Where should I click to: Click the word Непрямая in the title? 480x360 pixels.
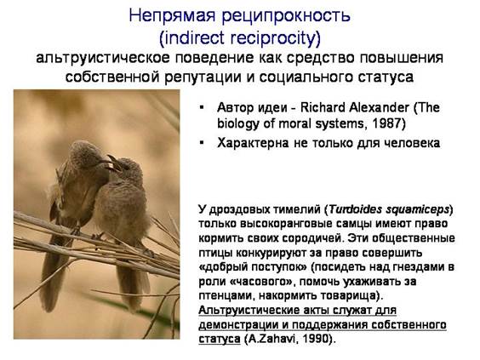(x=172, y=16)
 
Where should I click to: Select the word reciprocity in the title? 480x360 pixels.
(x=275, y=38)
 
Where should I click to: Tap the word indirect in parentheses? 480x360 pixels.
(x=194, y=38)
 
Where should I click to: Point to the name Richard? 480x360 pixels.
(x=322, y=107)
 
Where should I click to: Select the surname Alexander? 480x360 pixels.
(x=379, y=107)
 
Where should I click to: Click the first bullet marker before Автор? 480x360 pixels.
(x=202, y=107)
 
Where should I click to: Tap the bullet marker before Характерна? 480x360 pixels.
(x=202, y=142)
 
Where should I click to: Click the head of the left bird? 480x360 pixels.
(x=83, y=153)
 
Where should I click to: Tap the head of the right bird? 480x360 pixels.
(x=129, y=169)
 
